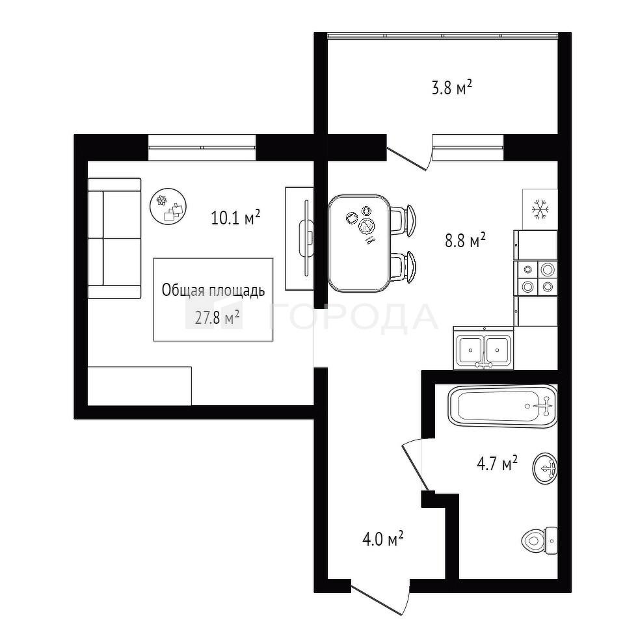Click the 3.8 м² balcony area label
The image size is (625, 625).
coord(452,88)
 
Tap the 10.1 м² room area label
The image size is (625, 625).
coord(235,218)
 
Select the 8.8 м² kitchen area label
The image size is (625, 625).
coord(465,241)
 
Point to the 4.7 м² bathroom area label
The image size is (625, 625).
coord(497,464)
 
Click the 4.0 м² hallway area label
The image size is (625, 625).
coord(382,539)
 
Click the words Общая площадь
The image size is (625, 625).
coord(213,291)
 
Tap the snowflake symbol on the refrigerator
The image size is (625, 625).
coord(540,209)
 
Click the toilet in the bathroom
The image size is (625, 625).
coord(539,541)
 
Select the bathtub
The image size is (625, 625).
coord(503,406)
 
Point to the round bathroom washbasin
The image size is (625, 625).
coord(545,468)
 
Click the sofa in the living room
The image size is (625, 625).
coord(114,239)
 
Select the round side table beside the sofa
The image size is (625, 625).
coord(168,206)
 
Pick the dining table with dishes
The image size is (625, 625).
coord(359,243)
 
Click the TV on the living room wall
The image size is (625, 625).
coord(306,238)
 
